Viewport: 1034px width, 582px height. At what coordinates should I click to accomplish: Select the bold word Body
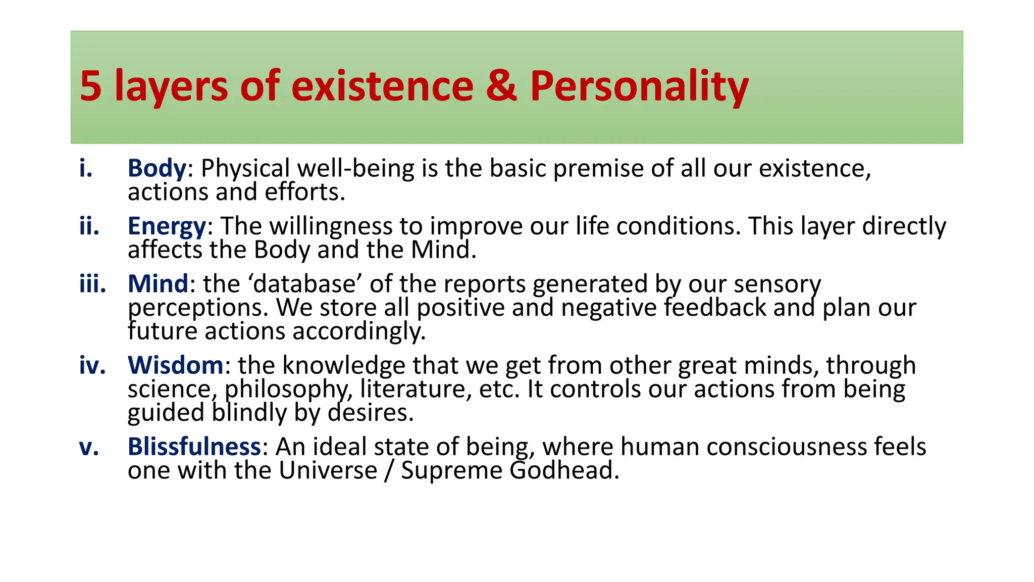pyautogui.click(x=157, y=169)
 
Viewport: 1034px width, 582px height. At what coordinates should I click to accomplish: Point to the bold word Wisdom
pyautogui.click(x=175, y=365)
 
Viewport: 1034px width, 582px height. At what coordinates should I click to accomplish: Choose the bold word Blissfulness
pyautogui.click(x=194, y=447)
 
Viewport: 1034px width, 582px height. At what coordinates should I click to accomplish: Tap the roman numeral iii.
pyautogui.click(x=92, y=284)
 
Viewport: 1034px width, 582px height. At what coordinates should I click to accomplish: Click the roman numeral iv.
pyautogui.click(x=92, y=365)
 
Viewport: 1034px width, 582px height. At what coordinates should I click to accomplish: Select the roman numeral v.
pyautogui.click(x=89, y=447)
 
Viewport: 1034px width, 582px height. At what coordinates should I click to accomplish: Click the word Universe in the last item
pyautogui.click(x=328, y=471)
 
